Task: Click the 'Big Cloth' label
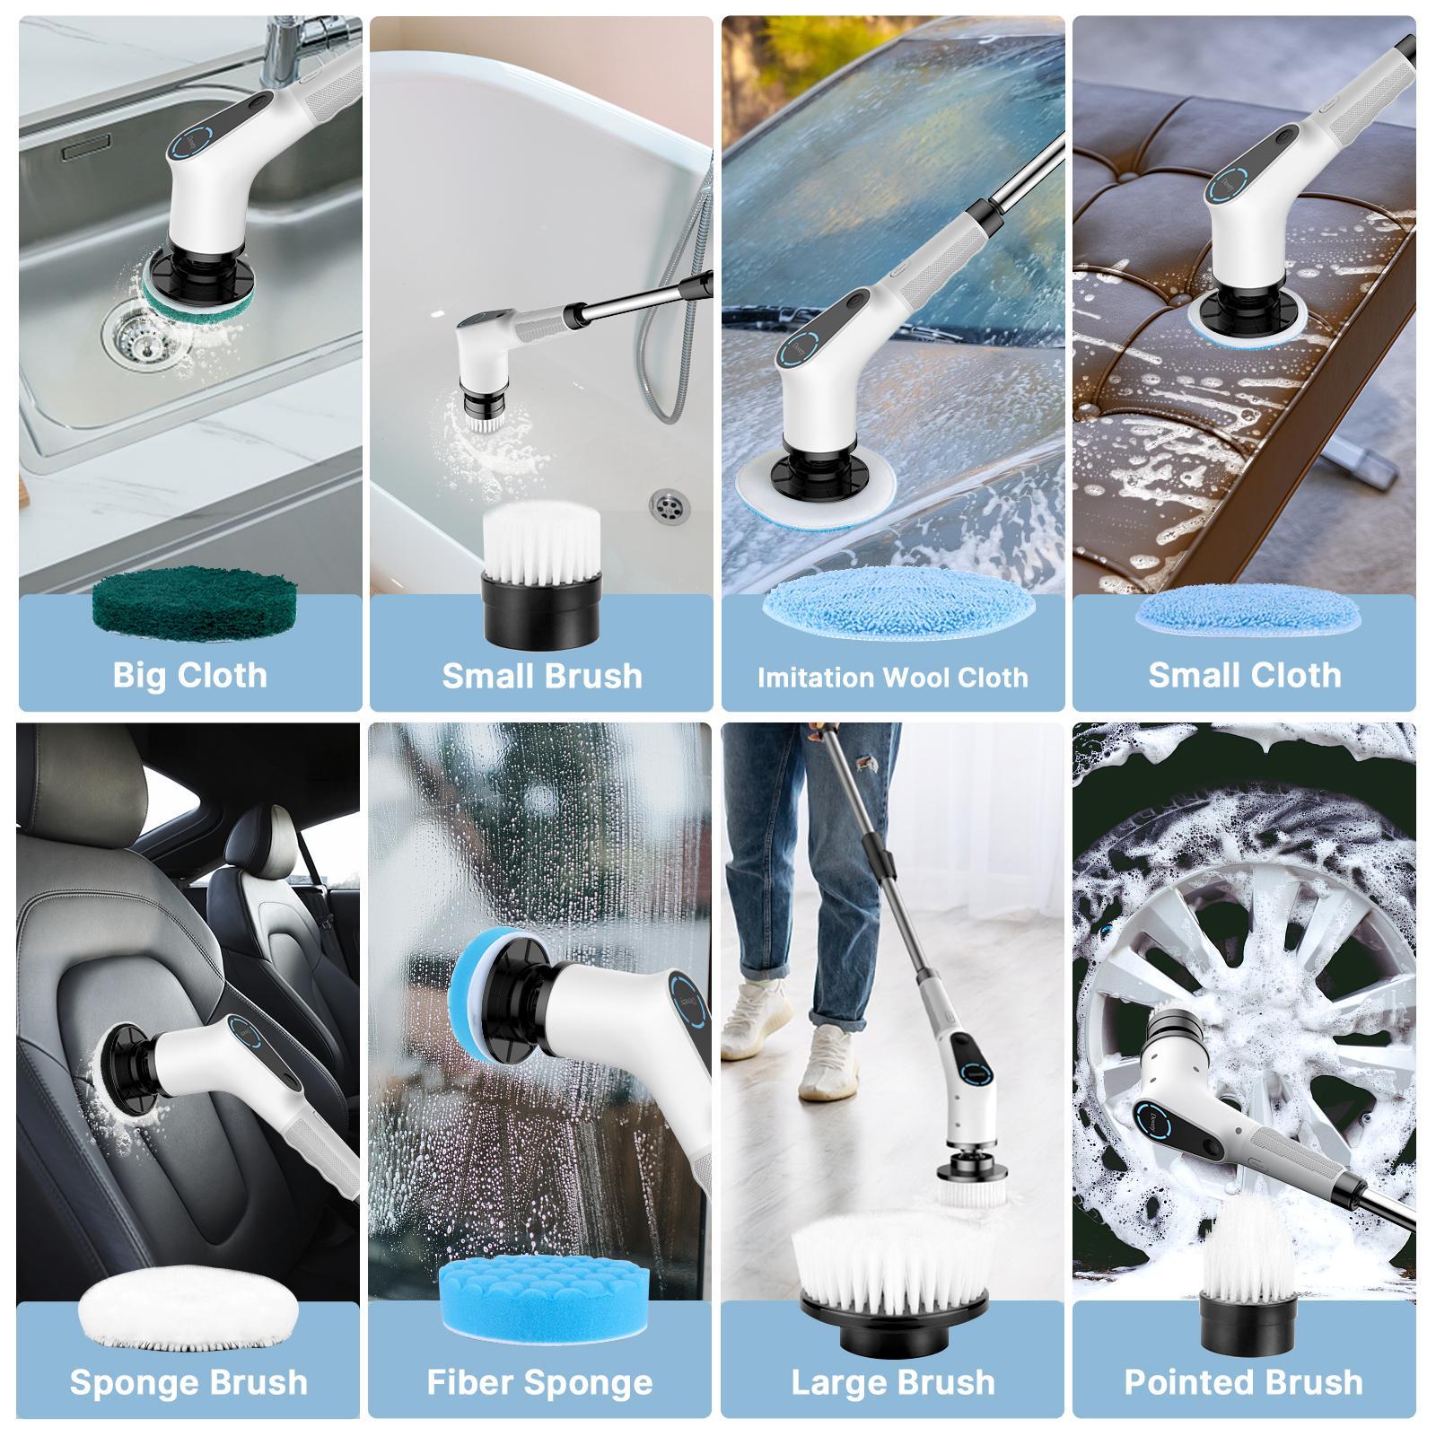[189, 675]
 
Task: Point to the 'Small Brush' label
[542, 675]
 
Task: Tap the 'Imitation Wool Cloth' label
[892, 677]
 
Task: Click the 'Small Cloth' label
[1244, 675]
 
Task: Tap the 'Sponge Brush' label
[188, 1382]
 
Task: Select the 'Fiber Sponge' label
[539, 1382]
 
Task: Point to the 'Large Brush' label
[892, 1382]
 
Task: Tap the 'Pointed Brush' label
[1243, 1382]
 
